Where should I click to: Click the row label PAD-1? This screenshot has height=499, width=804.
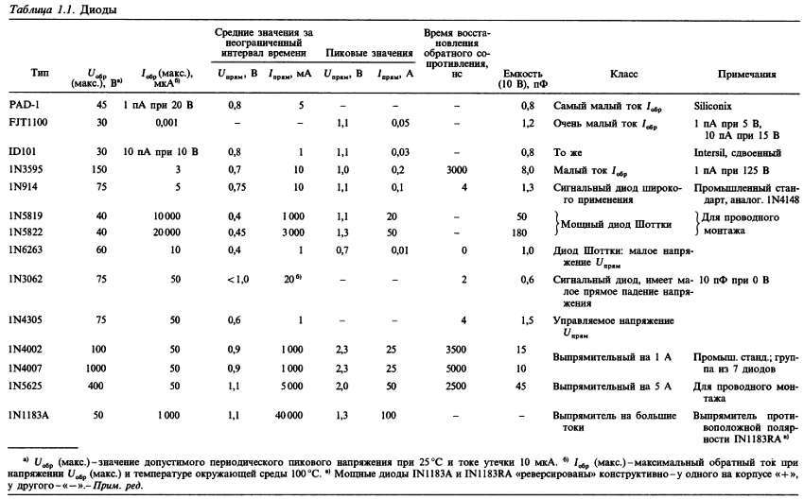click(24, 104)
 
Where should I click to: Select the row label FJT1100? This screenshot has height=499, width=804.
click(30, 123)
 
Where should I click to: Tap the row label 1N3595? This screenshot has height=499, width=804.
click(27, 169)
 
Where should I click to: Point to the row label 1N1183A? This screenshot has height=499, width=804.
click(30, 414)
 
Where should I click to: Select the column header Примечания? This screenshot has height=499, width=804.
click(746, 73)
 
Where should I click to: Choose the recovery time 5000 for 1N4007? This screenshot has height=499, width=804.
click(455, 368)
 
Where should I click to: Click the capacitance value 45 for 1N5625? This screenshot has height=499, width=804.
click(521, 386)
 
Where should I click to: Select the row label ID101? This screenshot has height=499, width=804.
click(24, 151)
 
